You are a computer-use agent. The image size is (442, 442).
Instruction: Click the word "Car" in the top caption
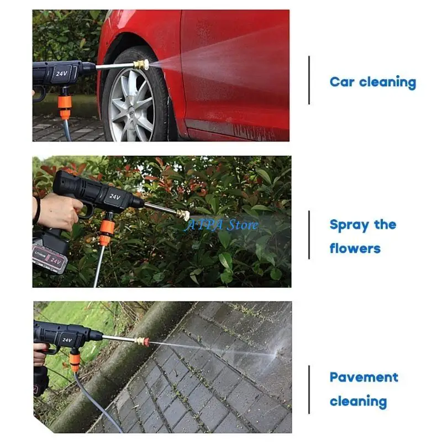(342, 82)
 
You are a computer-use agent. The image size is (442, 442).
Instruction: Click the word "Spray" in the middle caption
(349, 225)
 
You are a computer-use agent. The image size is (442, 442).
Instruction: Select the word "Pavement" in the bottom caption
(364, 377)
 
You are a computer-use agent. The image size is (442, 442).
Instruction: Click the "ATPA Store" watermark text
(221, 225)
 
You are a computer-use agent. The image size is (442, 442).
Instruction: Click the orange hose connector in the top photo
(66, 102)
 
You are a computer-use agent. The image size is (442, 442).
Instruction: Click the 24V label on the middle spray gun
(114, 196)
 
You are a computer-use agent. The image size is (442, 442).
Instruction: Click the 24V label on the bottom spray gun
(67, 339)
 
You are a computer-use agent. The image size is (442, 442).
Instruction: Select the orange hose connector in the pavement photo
(75, 362)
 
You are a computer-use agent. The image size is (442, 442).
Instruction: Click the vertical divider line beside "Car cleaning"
(309, 80)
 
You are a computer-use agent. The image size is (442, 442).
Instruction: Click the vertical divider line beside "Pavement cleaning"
(309, 389)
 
